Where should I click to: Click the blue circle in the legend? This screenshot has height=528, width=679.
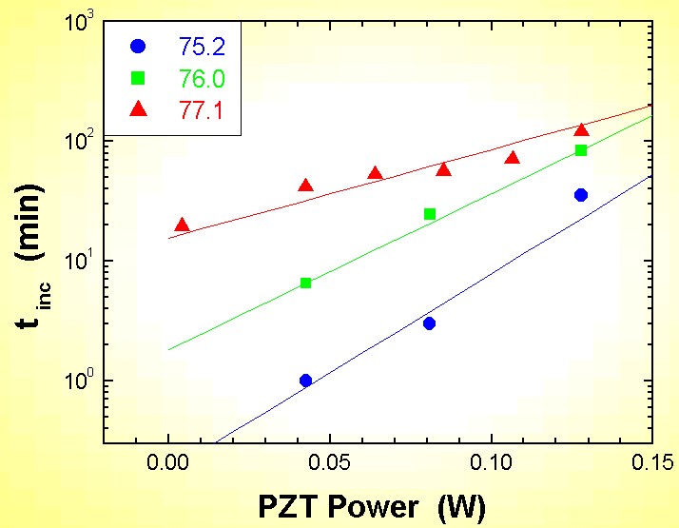[140, 45]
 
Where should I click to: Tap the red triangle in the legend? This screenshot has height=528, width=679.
[140, 110]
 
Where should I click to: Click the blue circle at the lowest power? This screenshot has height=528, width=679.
[305, 381]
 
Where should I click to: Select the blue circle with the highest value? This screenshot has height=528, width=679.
[581, 195]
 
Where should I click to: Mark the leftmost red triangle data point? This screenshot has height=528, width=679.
[183, 225]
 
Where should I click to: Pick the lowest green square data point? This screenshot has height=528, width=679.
[305, 283]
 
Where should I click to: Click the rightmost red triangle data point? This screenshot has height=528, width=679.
[581, 130]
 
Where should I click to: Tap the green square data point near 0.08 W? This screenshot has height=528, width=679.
[430, 214]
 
